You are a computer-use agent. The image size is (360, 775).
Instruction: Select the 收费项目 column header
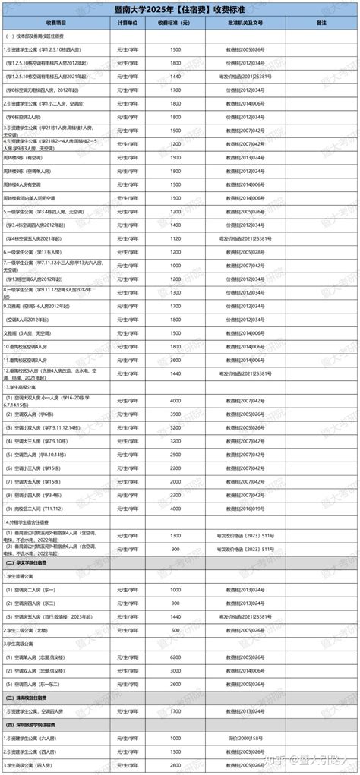coord(58,24)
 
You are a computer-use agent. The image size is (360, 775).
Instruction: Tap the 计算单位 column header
coord(128,24)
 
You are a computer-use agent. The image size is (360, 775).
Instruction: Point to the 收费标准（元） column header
coord(175,24)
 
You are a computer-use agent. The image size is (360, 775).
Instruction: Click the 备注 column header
coord(321,24)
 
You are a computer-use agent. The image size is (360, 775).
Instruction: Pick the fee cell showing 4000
coord(175,400)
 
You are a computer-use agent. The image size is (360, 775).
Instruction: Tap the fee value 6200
coord(175,657)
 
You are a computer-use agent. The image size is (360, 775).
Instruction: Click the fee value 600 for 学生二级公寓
coord(175,629)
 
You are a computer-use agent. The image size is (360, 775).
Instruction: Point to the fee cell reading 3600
coord(175,360)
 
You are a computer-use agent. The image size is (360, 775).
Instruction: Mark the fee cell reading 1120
coord(175,238)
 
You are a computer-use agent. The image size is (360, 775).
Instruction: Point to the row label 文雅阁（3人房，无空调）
coord(30,332)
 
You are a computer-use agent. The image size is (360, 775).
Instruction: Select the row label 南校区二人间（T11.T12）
coord(38,509)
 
